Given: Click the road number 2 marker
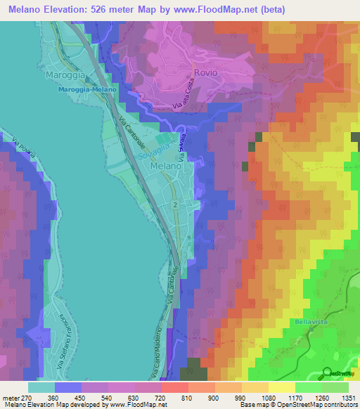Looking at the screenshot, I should click(174, 204).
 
